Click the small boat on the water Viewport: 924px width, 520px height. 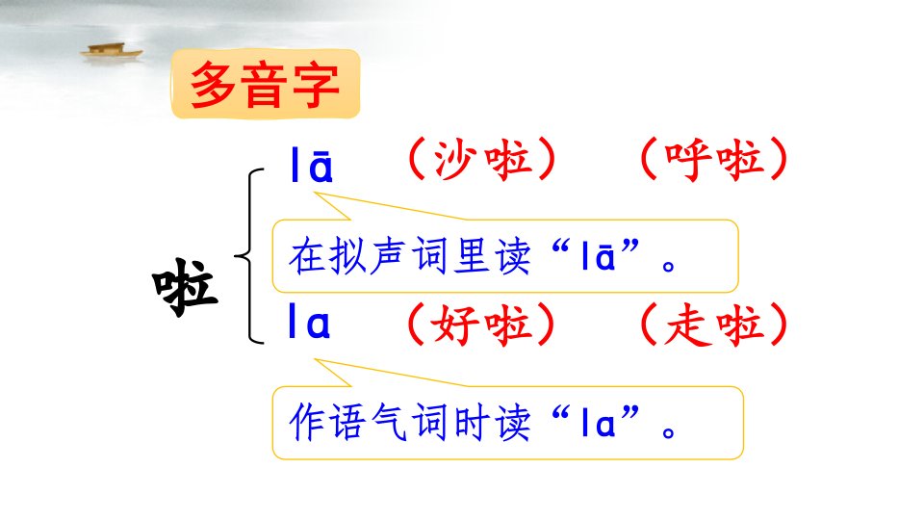[112, 51]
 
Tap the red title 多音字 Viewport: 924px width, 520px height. [265, 85]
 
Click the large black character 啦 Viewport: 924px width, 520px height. [185, 287]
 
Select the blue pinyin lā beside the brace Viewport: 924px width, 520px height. [312, 165]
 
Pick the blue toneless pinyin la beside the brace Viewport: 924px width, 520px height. [309, 321]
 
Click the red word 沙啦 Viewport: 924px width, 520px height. [482, 160]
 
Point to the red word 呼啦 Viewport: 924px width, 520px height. [714, 159]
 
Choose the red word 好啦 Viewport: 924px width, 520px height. [482, 325]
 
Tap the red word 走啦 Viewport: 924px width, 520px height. [714, 325]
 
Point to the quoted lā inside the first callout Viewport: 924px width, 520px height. [598, 256]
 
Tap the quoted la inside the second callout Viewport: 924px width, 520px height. [598, 422]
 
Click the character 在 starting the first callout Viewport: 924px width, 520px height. [307, 256]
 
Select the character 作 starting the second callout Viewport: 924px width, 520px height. [307, 422]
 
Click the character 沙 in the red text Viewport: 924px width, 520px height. [455, 160]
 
